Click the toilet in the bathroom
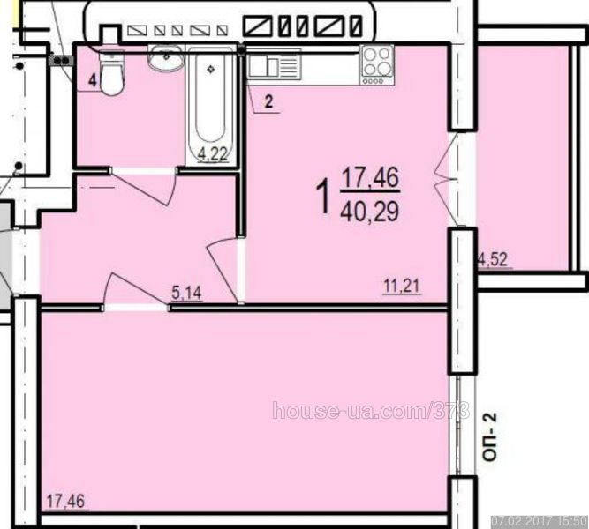111,73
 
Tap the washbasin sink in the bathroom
165,58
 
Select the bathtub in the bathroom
211,106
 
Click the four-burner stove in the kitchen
377,65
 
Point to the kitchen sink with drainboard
275,65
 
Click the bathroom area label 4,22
213,153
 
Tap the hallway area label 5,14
186,293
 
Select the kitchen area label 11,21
402,287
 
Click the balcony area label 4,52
494,259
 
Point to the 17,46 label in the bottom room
65,502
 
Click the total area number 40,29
370,212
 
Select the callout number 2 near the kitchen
268,101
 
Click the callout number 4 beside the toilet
93,80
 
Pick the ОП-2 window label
490,436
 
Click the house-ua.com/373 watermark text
371,410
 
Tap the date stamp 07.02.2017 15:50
540,521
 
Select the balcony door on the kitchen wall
447,179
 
